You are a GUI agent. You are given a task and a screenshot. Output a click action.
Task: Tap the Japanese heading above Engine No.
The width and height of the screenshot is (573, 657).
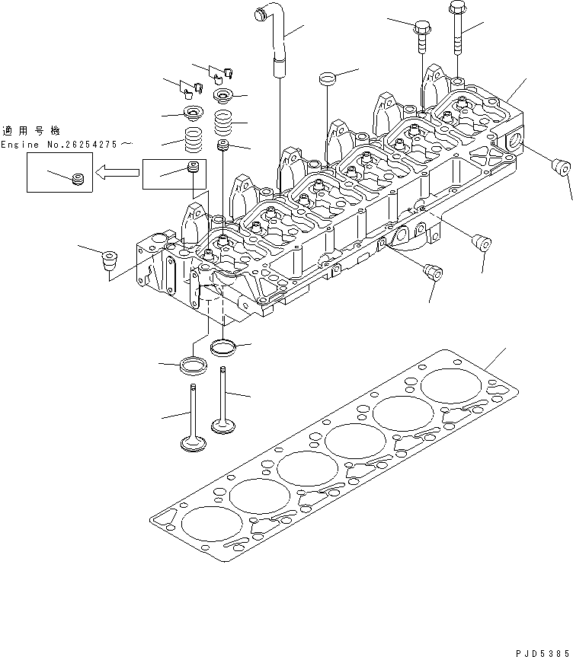click(x=30, y=130)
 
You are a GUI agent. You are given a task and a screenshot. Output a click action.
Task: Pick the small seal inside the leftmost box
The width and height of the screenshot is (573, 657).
click(x=75, y=180)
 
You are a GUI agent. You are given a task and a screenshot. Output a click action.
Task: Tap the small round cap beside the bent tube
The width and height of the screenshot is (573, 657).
click(x=327, y=78)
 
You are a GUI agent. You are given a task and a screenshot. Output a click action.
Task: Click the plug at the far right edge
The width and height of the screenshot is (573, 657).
click(x=562, y=166)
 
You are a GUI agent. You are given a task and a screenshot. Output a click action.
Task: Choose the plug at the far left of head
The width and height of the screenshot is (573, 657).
click(x=109, y=261)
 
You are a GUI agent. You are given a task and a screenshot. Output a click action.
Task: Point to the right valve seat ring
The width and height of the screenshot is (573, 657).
click(x=225, y=348)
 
